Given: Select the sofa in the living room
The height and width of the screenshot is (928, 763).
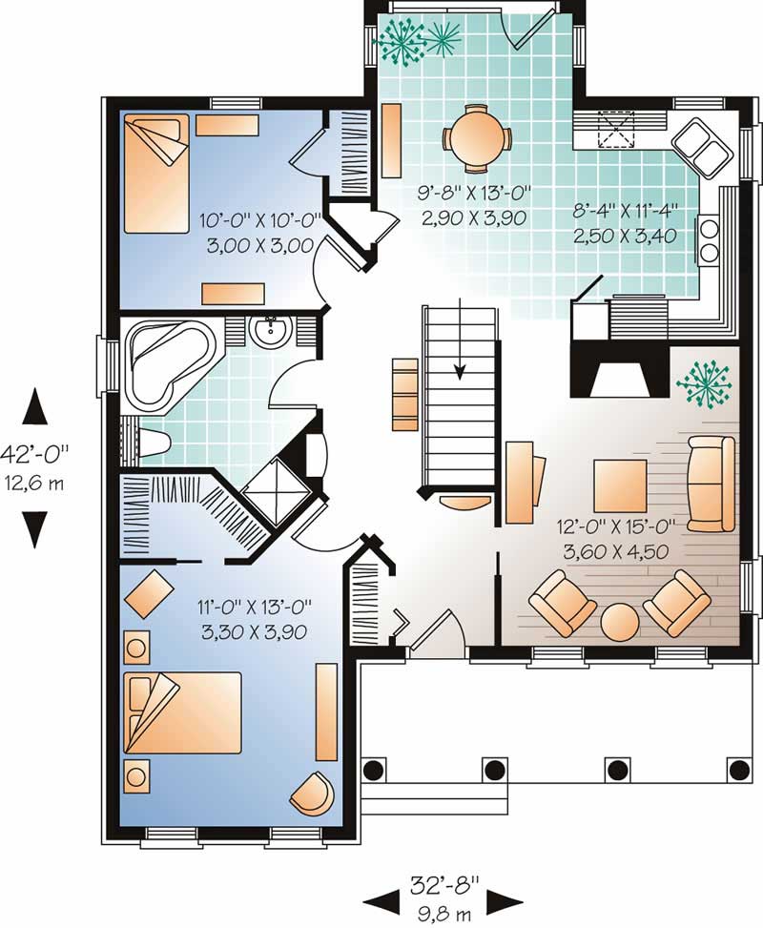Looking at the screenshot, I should (x=711, y=484).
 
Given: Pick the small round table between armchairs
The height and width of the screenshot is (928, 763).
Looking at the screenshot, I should (x=621, y=624).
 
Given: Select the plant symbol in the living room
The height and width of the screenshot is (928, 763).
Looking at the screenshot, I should (x=703, y=382).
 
